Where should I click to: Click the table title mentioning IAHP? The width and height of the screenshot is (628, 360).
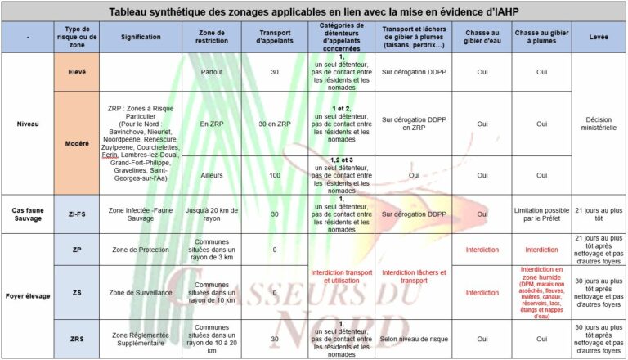point(314,11)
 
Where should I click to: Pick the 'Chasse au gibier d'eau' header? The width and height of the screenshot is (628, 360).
point(482,38)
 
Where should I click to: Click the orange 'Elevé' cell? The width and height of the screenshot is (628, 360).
point(78,72)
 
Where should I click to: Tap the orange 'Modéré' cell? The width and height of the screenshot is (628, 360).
point(78,143)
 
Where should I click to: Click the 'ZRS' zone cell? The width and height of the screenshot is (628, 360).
point(78,338)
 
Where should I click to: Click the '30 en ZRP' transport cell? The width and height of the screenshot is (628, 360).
point(274,124)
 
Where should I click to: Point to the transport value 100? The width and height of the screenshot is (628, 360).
point(274,174)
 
